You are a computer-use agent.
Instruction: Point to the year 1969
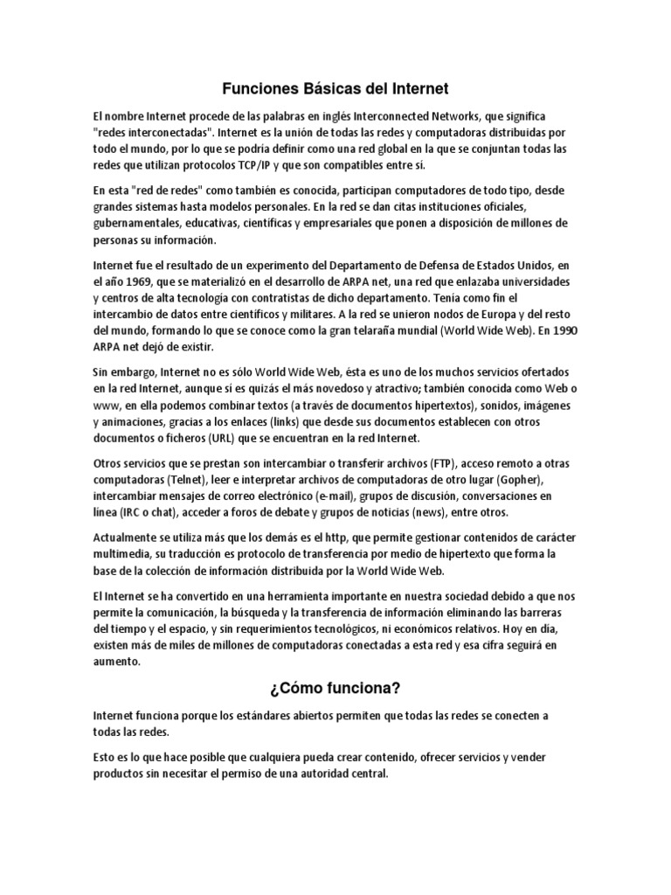[146, 283]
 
